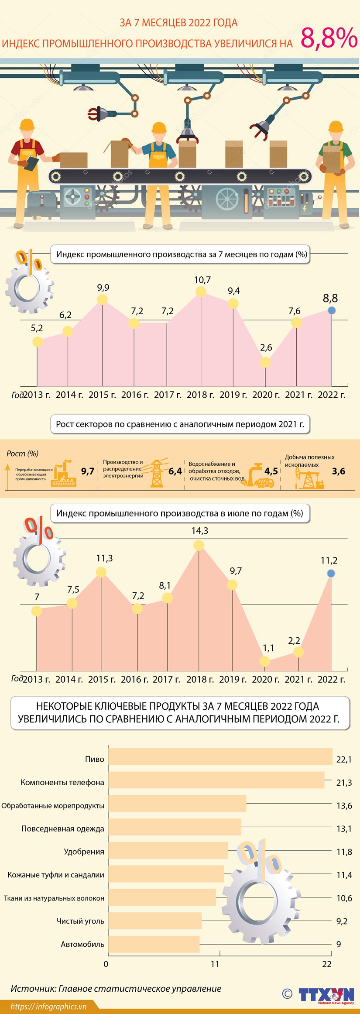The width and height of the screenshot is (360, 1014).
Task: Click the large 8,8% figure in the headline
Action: [329, 38]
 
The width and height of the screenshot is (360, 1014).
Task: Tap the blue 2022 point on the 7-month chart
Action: [332, 310]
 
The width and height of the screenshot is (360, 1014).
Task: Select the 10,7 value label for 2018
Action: [202, 280]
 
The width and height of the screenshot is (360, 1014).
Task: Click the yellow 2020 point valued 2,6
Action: [265, 362]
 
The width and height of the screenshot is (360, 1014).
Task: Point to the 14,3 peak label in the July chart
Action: [199, 531]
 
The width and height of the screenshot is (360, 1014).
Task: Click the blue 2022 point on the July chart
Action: [331, 573]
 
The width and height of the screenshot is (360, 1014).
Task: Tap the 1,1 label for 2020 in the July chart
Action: [268, 648]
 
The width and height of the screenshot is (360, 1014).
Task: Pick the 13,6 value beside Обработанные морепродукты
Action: [344, 806]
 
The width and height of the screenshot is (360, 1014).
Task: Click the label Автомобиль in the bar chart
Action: [82, 944]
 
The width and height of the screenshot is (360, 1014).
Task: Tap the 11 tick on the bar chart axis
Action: [215, 964]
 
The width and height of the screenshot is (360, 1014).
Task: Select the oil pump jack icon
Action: [309, 478]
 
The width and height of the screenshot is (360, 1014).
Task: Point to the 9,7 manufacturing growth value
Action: [88, 471]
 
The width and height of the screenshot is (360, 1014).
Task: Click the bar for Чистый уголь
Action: [155, 921]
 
